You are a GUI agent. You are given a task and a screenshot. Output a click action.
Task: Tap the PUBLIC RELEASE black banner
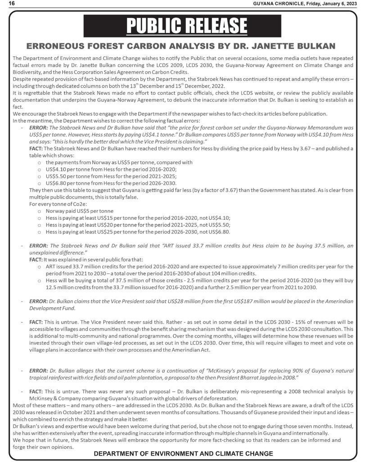[x=182, y=26]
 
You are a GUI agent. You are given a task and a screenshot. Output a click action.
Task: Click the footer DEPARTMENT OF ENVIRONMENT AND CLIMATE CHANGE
[x=183, y=453]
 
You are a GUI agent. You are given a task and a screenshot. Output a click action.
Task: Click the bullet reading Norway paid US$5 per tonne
[x=79, y=211]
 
